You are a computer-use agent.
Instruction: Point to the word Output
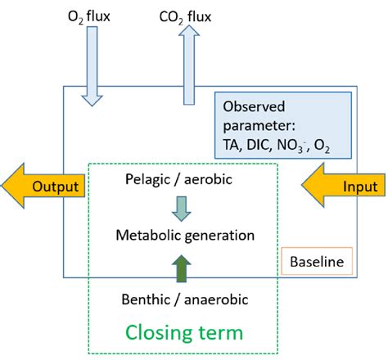(x=55, y=187)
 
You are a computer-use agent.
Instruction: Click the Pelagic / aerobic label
(x=183, y=178)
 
